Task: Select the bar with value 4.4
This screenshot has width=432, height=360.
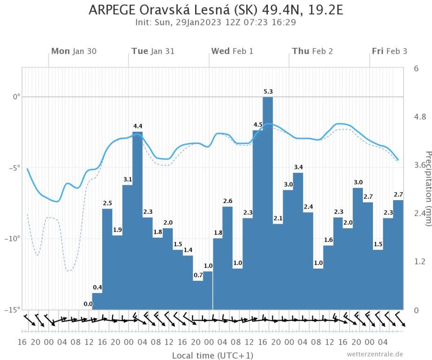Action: (x=137, y=220)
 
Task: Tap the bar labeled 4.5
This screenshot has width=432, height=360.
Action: (x=258, y=220)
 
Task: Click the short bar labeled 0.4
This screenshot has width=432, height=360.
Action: (x=97, y=301)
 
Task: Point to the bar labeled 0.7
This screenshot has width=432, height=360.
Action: (x=197, y=295)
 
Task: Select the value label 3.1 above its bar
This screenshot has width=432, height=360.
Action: (x=128, y=180)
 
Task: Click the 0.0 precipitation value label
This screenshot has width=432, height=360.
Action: (x=88, y=304)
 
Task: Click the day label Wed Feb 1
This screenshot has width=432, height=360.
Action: (x=232, y=51)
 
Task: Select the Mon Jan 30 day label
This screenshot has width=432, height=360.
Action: (x=74, y=51)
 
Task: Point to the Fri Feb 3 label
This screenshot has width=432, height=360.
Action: (x=389, y=51)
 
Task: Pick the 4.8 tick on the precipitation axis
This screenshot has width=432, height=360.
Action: (x=419, y=117)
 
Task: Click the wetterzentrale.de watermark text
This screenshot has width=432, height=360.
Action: (x=375, y=354)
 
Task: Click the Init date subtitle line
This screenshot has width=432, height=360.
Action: (x=216, y=22)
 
